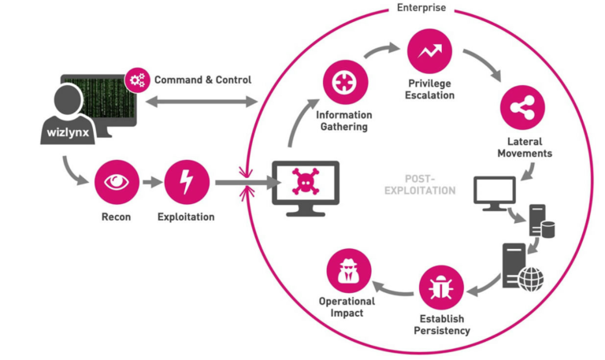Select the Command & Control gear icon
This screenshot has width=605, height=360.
[138, 80]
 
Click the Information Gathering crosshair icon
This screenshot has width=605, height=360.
[343, 83]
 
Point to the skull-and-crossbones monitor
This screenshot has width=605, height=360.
[305, 183]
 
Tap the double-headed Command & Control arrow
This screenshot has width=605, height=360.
[202, 101]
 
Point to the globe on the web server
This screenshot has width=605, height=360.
[531, 276]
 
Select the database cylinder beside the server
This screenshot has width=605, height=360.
[546, 229]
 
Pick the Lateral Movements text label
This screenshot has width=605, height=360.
[524, 147]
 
